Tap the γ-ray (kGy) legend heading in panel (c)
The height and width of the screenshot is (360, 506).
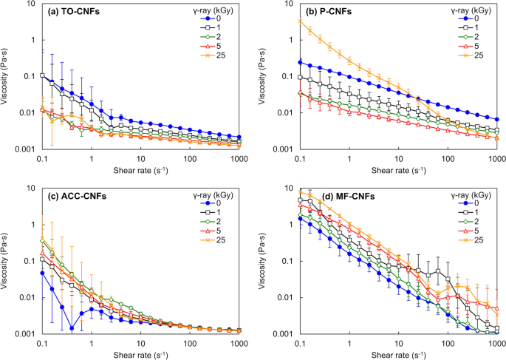[x=211, y=197]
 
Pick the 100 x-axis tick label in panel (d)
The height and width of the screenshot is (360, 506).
[x=448, y=344]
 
